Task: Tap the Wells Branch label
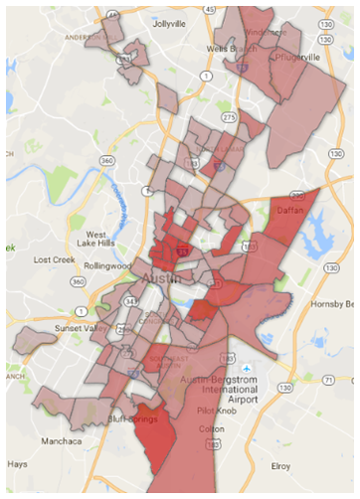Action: (x=227, y=47)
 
